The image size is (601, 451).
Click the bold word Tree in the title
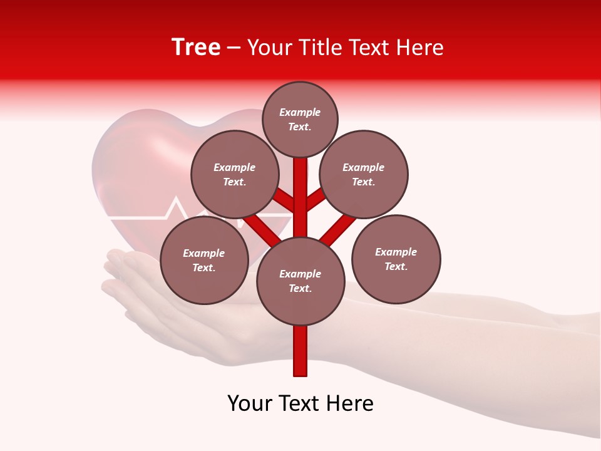tap(196, 48)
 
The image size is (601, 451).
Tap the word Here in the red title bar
tap(420, 48)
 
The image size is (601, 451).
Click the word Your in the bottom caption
tap(250, 403)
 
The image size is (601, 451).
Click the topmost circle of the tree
tap(300, 119)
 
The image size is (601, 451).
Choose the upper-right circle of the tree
tap(364, 174)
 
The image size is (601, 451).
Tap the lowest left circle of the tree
tap(204, 260)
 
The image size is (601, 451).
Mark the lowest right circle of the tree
tap(396, 259)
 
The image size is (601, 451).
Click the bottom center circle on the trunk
tap(300, 281)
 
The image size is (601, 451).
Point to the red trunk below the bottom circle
tap(300, 351)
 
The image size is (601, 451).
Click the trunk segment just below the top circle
tap(300, 172)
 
